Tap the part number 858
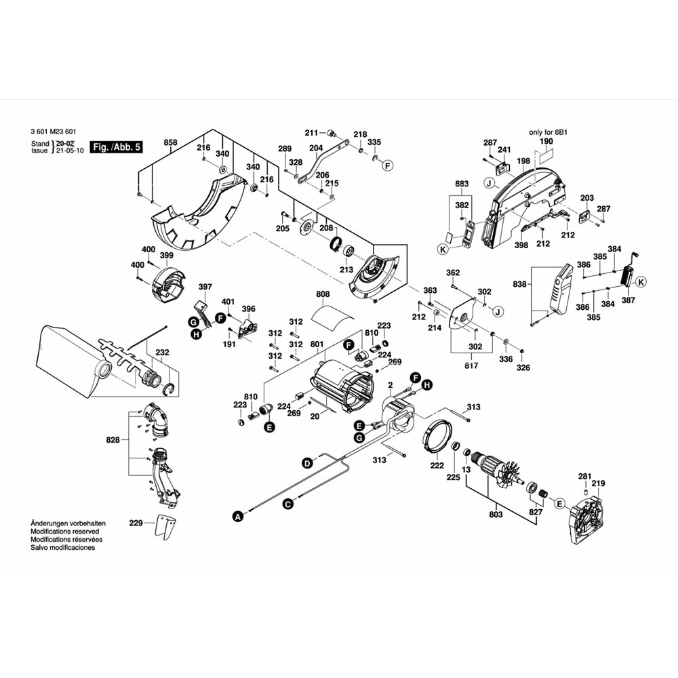[170, 142]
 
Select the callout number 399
[166, 255]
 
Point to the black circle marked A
[237, 517]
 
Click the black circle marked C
[287, 504]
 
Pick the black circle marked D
[306, 463]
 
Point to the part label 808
[323, 294]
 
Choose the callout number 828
[113, 440]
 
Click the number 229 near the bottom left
[136, 523]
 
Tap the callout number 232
[163, 353]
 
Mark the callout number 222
[437, 465]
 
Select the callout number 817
[471, 367]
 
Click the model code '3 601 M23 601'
[54, 132]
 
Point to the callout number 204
[316, 148]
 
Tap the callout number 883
[462, 184]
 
